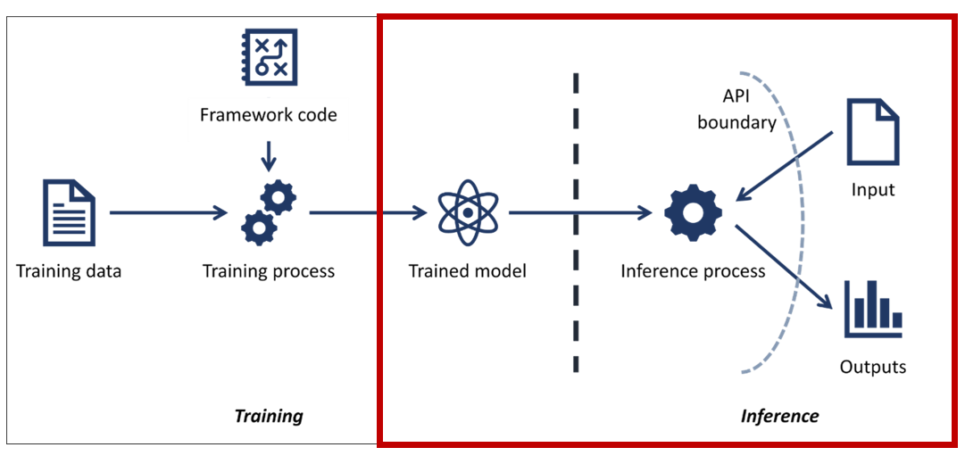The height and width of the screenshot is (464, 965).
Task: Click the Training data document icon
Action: pyautogui.click(x=69, y=212)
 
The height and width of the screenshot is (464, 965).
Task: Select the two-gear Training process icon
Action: pyautogui.click(x=269, y=212)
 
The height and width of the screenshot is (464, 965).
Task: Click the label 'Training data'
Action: pyautogui.click(x=69, y=270)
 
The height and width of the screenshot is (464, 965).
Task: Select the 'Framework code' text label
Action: pyautogui.click(x=269, y=115)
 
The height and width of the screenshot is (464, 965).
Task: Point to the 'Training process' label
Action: pyautogui.click(x=269, y=270)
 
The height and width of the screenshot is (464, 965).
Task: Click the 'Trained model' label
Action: pyautogui.click(x=467, y=270)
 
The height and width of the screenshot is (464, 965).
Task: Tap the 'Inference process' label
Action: pyautogui.click(x=693, y=270)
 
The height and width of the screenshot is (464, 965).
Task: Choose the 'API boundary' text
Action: pyautogui.click(x=736, y=110)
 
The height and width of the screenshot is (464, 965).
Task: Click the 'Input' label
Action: pyautogui.click(x=873, y=189)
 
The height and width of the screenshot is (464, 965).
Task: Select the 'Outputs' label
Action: pyautogui.click(x=872, y=367)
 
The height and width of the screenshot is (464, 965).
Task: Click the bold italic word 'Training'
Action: pyautogui.click(x=269, y=416)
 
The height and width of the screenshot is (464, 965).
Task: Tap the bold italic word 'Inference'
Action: pyautogui.click(x=779, y=416)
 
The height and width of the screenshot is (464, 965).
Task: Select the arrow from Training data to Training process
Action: pyautogui.click(x=168, y=212)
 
